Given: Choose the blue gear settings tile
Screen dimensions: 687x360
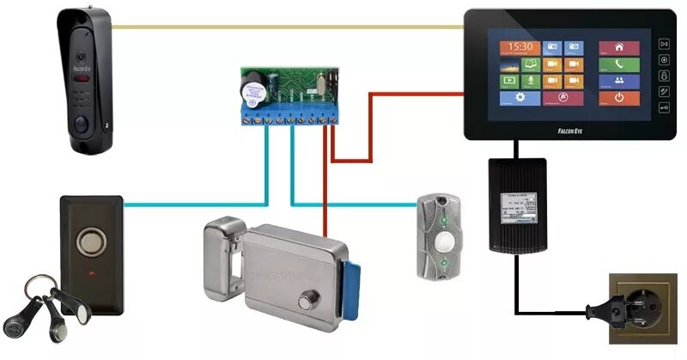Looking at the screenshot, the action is click(x=518, y=98).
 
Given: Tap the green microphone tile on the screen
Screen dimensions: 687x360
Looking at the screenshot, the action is click(x=530, y=82).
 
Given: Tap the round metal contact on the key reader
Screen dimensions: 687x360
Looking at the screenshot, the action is click(x=89, y=241).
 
